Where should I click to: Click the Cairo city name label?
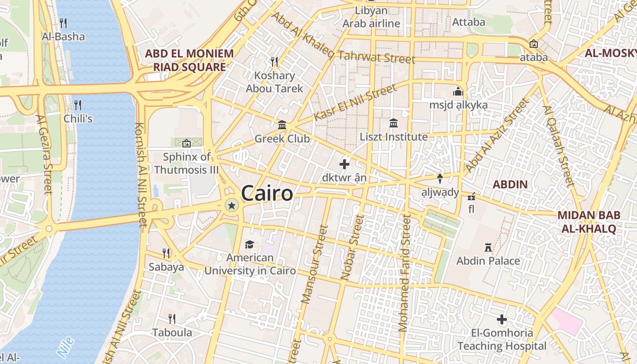pyautogui.click(x=267, y=193)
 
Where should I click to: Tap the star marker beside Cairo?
pyautogui.click(x=232, y=206)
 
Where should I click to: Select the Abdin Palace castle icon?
pyautogui.click(x=488, y=248)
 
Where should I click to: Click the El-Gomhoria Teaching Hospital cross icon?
pyautogui.click(x=502, y=319)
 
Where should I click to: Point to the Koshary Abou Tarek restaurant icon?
pyautogui.click(x=274, y=62)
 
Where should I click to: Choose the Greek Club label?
pyautogui.click(x=282, y=139)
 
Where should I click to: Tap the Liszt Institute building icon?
pyautogui.click(x=394, y=123)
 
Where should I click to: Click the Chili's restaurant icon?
pyautogui.click(x=78, y=105)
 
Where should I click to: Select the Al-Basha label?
pyautogui.click(x=63, y=36)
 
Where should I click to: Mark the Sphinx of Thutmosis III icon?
pyautogui.click(x=186, y=143)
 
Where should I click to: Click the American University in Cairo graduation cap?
pyautogui.click(x=249, y=245)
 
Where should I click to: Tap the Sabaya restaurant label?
pyautogui.click(x=166, y=267)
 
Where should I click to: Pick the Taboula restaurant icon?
pyautogui.click(x=172, y=318)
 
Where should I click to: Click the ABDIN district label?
pyautogui.click(x=511, y=184)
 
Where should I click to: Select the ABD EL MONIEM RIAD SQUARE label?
pyautogui.click(x=189, y=61)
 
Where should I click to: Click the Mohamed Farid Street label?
pyautogui.click(x=404, y=273)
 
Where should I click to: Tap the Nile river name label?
pyautogui.click(x=66, y=347)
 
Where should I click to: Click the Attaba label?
pyautogui.click(x=469, y=22)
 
